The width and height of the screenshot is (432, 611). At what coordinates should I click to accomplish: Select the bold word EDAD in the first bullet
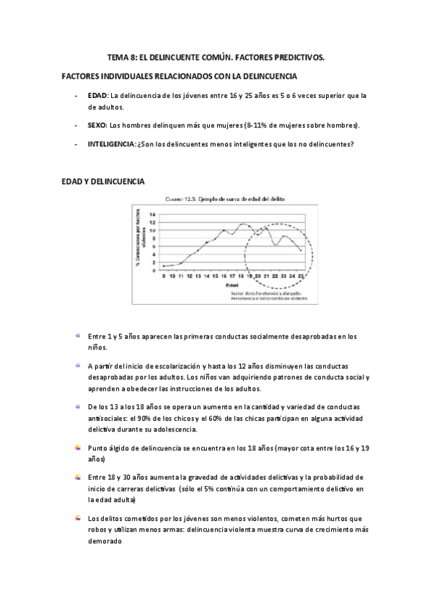(97, 95)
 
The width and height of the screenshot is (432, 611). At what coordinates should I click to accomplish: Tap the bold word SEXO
(97, 125)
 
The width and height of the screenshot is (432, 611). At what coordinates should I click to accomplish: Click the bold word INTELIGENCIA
(110, 144)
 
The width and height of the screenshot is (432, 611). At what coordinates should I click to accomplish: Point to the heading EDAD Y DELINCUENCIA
(102, 182)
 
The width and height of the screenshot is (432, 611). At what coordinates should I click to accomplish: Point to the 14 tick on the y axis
(152, 214)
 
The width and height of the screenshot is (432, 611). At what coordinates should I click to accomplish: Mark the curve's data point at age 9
(164, 267)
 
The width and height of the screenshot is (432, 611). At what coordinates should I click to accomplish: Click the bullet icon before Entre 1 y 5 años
(76, 335)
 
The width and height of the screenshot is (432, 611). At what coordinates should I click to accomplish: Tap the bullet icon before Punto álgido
(76, 447)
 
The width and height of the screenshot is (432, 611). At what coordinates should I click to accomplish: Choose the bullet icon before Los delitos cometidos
(76, 517)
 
